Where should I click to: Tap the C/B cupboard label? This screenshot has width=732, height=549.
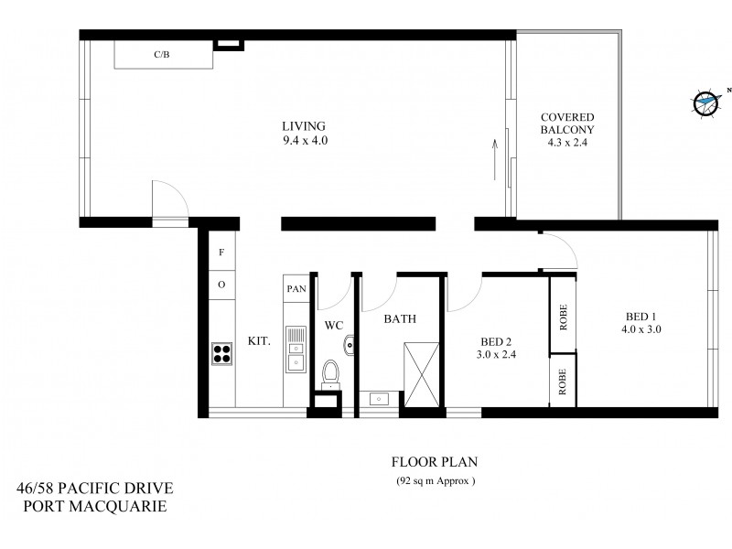pyautogui.click(x=162, y=56)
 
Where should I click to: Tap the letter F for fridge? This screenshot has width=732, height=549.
pyautogui.click(x=221, y=252)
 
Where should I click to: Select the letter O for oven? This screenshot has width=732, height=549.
pyautogui.click(x=221, y=285)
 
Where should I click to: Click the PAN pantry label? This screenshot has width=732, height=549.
pyautogui.click(x=296, y=288)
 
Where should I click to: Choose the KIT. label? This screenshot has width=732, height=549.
pyautogui.click(x=259, y=340)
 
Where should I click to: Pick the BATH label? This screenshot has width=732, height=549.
pyautogui.click(x=400, y=319)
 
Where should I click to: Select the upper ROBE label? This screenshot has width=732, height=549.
pyautogui.click(x=563, y=316)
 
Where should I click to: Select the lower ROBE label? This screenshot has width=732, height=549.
pyautogui.click(x=563, y=379)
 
